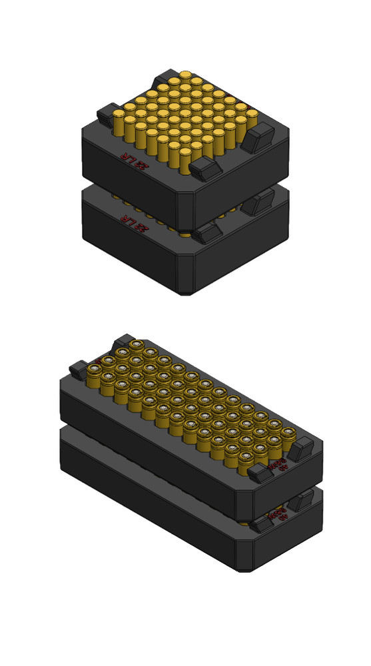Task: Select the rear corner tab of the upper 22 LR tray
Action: (164, 81)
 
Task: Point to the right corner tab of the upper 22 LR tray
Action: (258, 137)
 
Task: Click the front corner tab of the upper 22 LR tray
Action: (205, 167)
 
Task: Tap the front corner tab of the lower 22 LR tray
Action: (207, 232)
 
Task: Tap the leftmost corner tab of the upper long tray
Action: (78, 369)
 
